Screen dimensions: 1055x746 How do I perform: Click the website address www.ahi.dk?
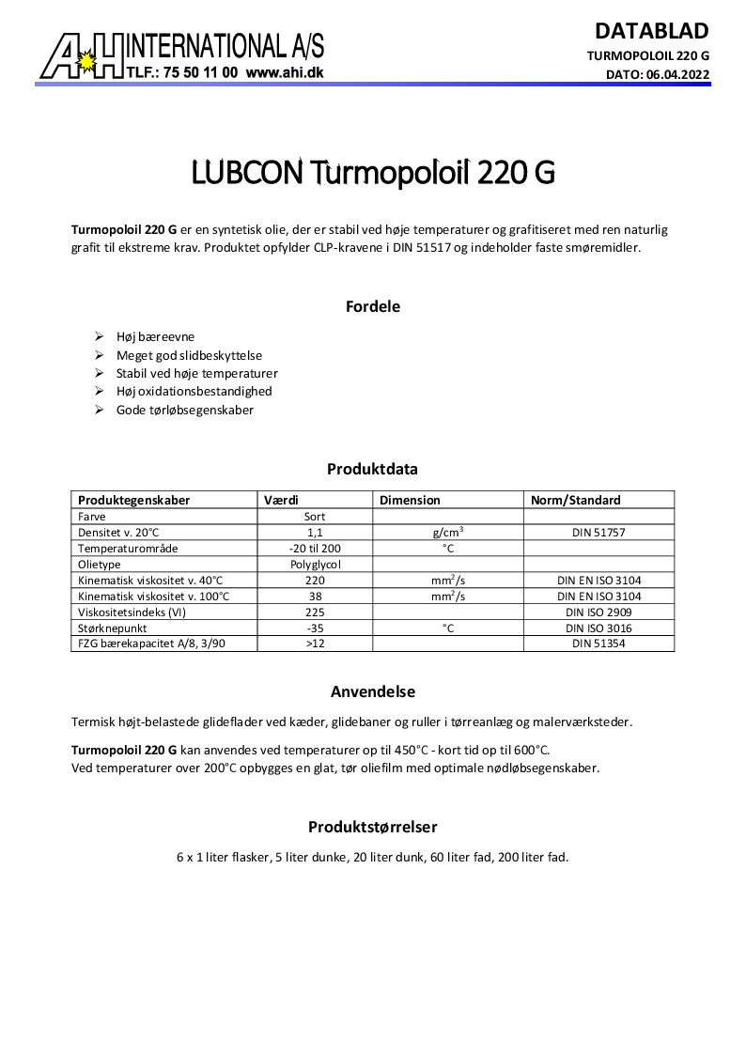click(x=285, y=71)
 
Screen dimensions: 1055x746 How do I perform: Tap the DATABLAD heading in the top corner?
click(x=651, y=30)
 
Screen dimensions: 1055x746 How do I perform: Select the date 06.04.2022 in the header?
click(x=677, y=73)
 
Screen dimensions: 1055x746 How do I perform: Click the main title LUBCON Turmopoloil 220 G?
click(x=373, y=175)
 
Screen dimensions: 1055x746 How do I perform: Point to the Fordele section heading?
click(x=373, y=306)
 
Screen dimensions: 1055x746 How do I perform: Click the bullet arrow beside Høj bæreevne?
click(x=100, y=336)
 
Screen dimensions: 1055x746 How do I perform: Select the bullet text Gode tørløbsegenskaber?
click(x=185, y=411)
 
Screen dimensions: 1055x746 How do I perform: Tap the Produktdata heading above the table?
click(x=372, y=469)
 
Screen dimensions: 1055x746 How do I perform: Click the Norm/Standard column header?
click(x=576, y=501)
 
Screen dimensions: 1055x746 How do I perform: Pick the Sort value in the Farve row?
click(x=316, y=517)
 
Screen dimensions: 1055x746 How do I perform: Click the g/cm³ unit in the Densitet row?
click(x=447, y=532)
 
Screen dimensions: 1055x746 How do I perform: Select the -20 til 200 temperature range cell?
click(x=316, y=548)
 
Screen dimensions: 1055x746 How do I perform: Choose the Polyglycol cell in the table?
click(x=316, y=564)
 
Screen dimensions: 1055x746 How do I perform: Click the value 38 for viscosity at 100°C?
click(x=316, y=596)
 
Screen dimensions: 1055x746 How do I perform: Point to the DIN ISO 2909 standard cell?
click(x=598, y=612)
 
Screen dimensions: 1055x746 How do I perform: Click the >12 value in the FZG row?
click(x=316, y=644)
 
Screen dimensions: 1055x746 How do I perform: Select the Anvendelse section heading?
click(x=373, y=692)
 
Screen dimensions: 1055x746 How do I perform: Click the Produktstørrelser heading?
click(x=373, y=828)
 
